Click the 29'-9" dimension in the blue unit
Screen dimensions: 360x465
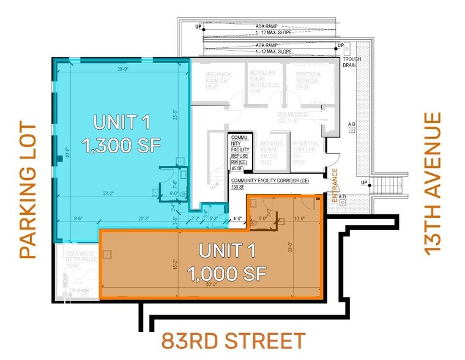124,70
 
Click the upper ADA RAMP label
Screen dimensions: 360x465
267,26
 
